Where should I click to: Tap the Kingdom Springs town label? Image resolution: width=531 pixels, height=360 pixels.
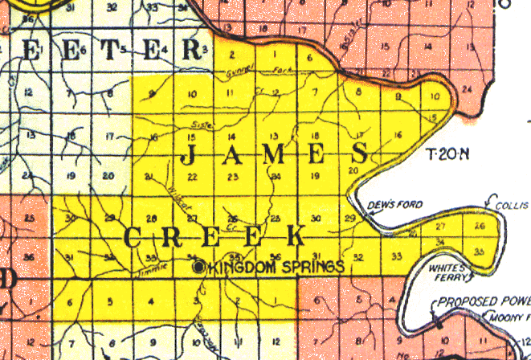coord(275,267)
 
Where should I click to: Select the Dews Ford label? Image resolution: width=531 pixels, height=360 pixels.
coord(384,205)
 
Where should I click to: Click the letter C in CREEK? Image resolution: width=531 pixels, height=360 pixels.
coord(134,238)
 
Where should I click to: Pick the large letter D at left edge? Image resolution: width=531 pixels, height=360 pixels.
coord(8,281)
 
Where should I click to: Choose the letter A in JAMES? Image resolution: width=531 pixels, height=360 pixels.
coord(232,153)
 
